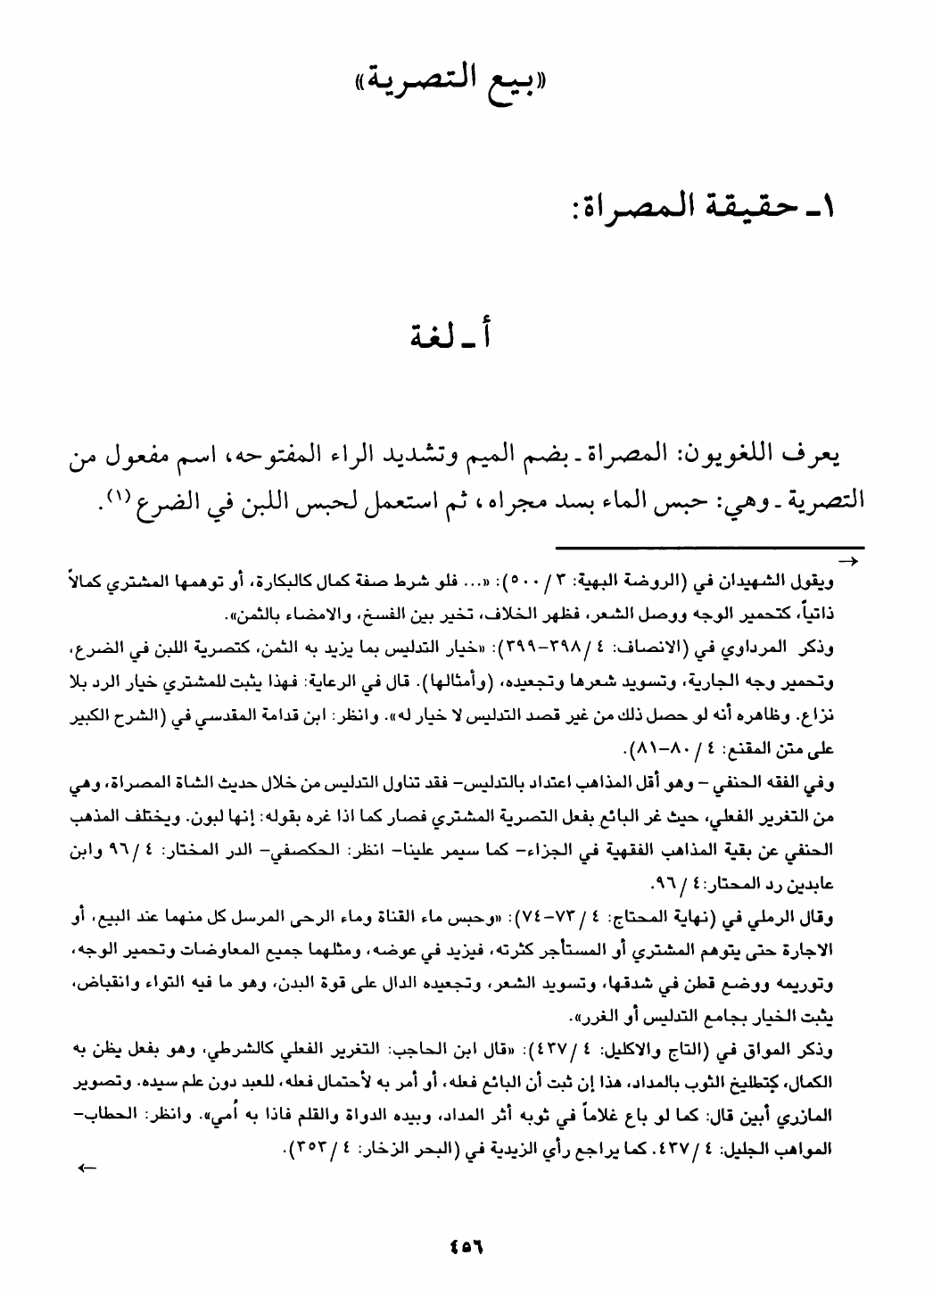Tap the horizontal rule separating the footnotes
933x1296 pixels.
click(709, 547)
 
